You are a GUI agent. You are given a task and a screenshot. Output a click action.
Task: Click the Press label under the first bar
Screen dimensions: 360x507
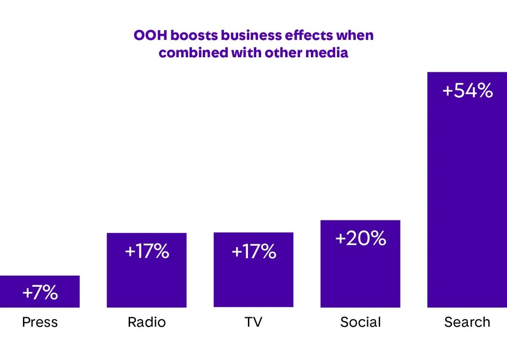coord(40,322)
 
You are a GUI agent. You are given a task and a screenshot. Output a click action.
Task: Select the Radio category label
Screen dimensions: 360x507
coord(146,322)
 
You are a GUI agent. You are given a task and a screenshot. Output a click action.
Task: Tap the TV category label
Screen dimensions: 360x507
coord(253,322)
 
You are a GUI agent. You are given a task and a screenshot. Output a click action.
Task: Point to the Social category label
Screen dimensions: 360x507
coord(361,322)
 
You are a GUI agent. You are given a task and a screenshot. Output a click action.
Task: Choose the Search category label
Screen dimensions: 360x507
coord(467,322)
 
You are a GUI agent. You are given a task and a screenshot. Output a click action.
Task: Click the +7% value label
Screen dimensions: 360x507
coord(40,293)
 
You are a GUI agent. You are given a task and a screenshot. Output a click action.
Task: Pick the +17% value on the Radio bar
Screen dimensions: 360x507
coord(146,252)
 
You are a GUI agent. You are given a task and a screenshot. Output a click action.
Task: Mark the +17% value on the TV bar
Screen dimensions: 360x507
coord(253,252)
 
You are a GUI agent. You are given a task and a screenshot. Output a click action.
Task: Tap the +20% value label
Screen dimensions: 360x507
coord(361,238)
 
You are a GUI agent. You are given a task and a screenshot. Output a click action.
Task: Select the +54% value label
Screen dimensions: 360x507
coord(468,91)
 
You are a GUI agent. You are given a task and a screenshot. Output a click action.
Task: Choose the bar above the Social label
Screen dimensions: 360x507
coord(361,277)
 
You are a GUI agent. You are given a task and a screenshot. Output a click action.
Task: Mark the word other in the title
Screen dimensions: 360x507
coord(284,53)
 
